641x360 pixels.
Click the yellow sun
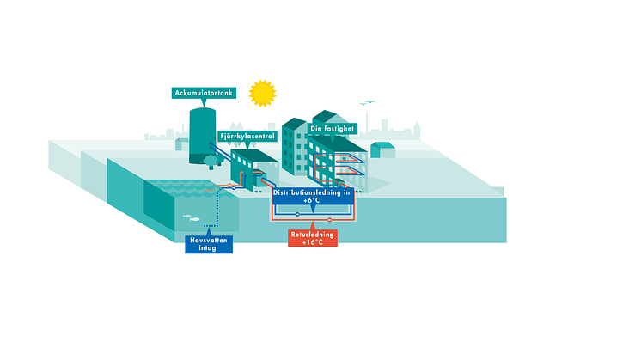(260, 92)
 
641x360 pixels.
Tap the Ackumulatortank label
(203, 92)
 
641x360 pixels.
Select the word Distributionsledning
(305, 192)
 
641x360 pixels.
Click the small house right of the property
(382, 150)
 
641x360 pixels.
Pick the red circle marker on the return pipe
(329, 219)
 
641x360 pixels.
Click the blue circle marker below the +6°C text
(296, 213)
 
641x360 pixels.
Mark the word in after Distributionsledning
(346, 192)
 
